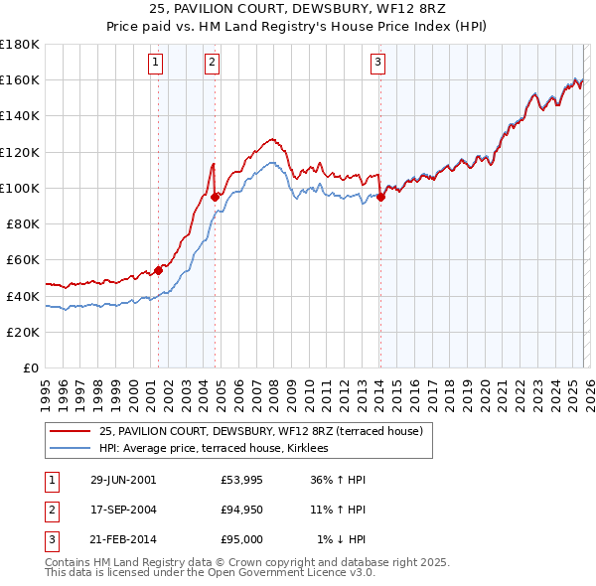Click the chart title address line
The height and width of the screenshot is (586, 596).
coord(298,9)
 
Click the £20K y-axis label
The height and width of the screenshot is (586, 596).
coord(23,332)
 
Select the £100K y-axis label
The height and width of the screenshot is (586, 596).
coord(20,188)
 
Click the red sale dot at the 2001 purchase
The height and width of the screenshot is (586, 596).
coord(158,270)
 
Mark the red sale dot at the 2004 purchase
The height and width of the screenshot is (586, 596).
coord(215,197)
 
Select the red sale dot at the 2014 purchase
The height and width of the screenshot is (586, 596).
coord(379,197)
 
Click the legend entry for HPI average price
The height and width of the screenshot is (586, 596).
coord(221,449)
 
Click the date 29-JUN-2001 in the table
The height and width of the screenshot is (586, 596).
coord(123,480)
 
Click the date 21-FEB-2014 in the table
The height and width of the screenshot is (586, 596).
coord(123,539)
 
